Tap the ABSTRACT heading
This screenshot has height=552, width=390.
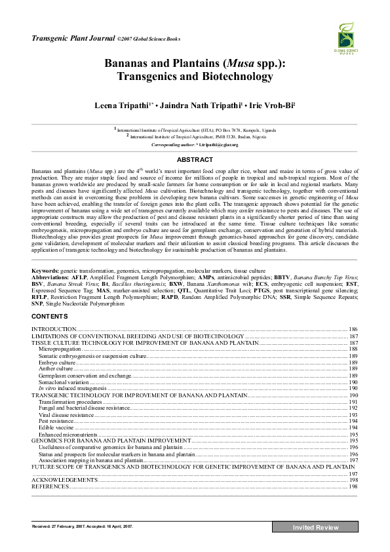(195, 159)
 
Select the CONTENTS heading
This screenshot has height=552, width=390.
(50, 317)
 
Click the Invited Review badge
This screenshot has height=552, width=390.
(315, 528)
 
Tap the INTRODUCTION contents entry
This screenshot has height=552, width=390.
(54, 328)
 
